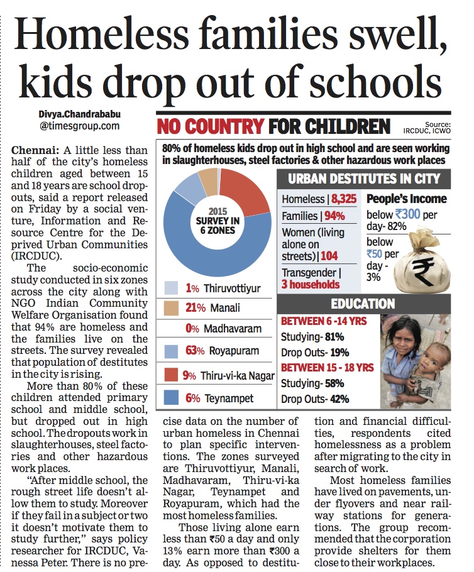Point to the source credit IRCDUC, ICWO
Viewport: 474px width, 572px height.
point(428,131)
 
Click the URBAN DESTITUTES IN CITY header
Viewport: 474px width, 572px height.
point(368,178)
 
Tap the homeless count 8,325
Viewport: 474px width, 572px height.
point(343,199)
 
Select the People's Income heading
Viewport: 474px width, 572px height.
point(406,199)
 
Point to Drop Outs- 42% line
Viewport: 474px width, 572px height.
point(314,399)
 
